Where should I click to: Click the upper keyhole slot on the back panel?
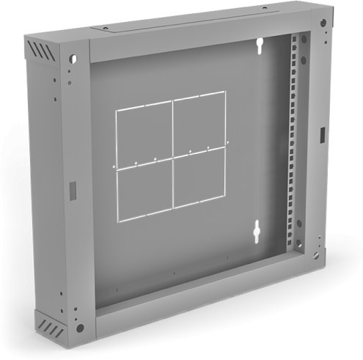point(260,46)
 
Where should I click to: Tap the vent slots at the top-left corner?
point(42,51)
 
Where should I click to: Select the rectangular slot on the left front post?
point(72,188)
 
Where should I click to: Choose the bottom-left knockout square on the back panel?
point(144,192)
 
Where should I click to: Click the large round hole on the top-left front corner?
point(73,59)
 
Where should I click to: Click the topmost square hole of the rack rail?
point(297,39)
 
